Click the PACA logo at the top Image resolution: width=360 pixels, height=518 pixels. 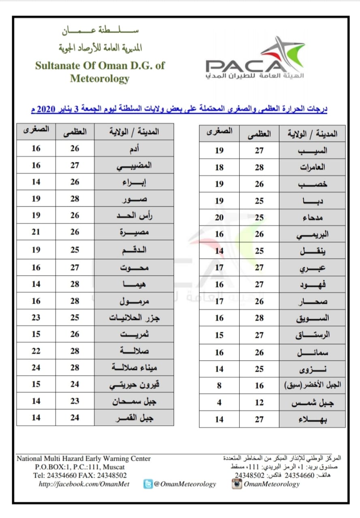[255, 59]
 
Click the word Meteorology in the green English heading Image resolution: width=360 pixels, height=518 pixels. [100, 78]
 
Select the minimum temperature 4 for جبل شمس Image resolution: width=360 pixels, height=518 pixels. [219, 402]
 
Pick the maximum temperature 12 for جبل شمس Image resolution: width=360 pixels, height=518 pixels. [259, 402]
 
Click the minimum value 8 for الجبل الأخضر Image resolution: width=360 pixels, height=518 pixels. [219, 386]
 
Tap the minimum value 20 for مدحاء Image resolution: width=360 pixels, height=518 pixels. [219, 217]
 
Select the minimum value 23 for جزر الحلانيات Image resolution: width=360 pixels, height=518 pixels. [36, 317]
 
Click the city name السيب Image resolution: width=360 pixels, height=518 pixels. [312, 151]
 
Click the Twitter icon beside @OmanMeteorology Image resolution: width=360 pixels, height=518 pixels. [148, 484]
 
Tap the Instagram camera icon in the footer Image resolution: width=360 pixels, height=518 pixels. [237, 484]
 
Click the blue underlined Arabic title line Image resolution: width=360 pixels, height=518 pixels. [180, 109]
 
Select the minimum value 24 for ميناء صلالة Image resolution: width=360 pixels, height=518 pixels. [36, 367]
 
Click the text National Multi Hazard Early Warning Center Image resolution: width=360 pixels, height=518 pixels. [83, 459]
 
